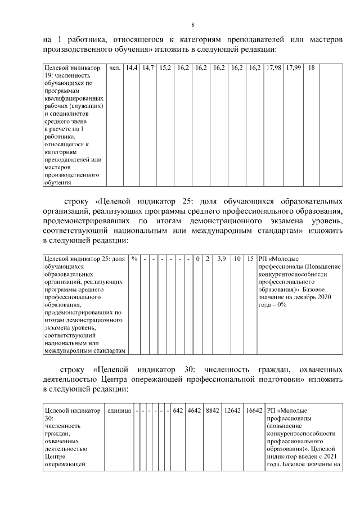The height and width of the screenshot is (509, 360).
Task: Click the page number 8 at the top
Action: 193,25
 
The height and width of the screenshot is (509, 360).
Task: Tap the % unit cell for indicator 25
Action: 134,259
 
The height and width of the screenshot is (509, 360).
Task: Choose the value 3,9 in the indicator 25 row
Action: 222,259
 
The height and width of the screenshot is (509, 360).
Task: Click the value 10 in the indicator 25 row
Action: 238,259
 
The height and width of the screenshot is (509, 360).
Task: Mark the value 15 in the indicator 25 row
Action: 250,259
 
